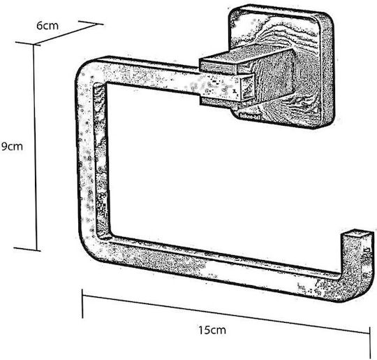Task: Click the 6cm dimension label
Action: [47, 26]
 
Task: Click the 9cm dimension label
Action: [12, 146]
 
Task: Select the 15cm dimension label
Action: [212, 330]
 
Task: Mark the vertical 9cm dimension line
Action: [35, 147]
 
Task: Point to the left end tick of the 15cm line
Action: [82, 304]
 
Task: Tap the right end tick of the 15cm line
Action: [369, 341]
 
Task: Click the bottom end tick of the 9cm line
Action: [27, 250]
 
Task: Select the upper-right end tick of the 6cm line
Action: [91, 23]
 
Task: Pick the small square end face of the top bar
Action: [247, 88]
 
